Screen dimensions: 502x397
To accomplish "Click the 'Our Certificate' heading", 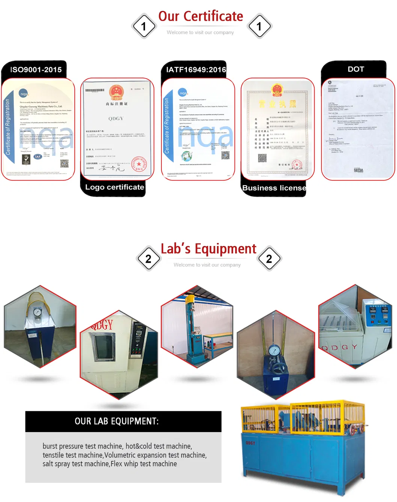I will (x=200, y=16).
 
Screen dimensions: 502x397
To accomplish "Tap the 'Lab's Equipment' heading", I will (x=208, y=249).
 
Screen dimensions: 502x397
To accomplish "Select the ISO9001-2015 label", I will (x=36, y=70).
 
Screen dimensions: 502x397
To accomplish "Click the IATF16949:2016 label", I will (x=196, y=70).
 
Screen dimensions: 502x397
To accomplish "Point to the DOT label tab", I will (x=355, y=69).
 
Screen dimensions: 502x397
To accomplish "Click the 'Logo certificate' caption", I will (x=114, y=187).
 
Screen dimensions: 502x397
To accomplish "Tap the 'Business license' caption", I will (x=274, y=188).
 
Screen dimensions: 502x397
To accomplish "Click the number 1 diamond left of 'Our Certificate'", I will (x=143, y=26).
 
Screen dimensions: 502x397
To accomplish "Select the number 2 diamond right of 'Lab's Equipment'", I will (x=269, y=259).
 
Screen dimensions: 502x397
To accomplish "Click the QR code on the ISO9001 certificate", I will (x=64, y=163).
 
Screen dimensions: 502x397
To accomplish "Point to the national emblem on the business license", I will (x=277, y=90).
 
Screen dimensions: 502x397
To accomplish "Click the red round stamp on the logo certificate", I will (x=139, y=164).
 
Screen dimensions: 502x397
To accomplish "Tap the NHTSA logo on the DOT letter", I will (x=358, y=170).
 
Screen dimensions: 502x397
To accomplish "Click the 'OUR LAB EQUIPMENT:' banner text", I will (x=116, y=421).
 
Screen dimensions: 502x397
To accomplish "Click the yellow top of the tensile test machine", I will (x=190, y=299).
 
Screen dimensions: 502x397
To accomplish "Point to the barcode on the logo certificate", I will (x=95, y=90).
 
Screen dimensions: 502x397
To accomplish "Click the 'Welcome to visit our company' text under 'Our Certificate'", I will (x=200, y=33).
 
